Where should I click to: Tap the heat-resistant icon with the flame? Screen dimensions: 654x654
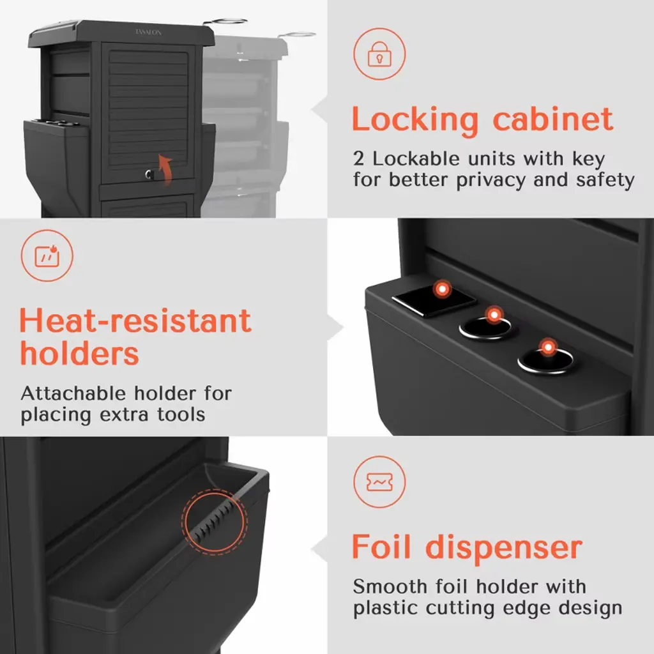coord(47,255)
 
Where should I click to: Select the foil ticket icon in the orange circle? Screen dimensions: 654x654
coord(379,482)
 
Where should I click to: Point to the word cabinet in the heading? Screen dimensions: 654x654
coord(553,119)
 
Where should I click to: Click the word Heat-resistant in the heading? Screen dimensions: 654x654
coord(135,321)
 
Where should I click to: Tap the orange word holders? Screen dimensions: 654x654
coord(79,353)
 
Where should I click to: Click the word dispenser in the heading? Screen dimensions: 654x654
coord(504,549)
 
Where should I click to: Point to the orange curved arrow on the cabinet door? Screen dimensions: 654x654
coord(165,169)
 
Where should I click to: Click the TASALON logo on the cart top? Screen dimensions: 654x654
coord(148,32)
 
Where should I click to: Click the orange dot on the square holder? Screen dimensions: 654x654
coord(442,289)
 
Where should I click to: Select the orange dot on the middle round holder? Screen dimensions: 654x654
coord(494,315)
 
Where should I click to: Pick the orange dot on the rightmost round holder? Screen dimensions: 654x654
coord(548,347)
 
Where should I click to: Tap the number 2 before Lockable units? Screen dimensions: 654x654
coord(358,159)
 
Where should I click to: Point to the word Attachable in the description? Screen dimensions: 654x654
coord(73,393)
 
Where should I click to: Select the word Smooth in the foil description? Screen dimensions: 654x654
coord(390,586)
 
